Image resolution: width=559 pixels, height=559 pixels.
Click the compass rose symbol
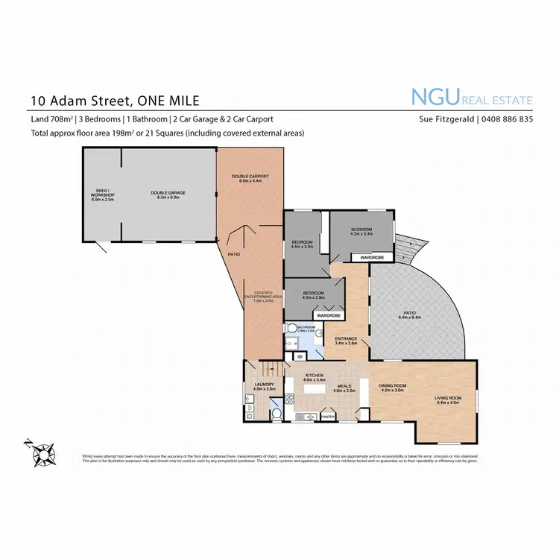pyautogui.click(x=43, y=451)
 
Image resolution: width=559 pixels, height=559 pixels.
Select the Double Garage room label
pyautogui.click(x=168, y=194)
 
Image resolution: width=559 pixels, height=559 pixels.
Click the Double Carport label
pyautogui.click(x=250, y=177)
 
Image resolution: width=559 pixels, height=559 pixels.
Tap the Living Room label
pyautogui.click(x=449, y=400)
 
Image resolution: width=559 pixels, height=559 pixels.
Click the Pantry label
pyautogui.click(x=328, y=417)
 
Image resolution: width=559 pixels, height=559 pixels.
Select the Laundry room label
pyautogui.click(x=265, y=387)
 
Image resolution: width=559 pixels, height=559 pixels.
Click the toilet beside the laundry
pyautogui.click(x=276, y=414)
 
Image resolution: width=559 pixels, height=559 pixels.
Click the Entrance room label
pyautogui.click(x=346, y=341)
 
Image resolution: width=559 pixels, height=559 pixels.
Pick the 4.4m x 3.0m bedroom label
pyautogui.click(x=302, y=244)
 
